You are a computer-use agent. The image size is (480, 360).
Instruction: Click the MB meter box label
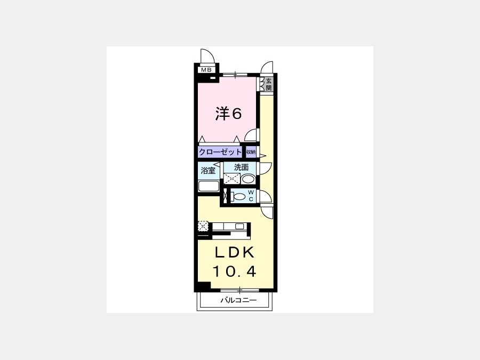coord(206,70)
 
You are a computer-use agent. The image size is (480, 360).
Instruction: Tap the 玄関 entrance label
coord(268,84)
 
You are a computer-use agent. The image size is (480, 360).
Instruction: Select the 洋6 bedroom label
coord(228,114)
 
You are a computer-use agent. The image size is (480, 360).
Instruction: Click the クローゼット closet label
coord(220,151)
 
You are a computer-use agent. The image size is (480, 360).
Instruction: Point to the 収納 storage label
coord(251,152)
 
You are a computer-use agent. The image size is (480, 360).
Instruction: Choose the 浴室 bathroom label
coord(208,171)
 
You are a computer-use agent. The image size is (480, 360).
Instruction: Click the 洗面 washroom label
coord(241,167)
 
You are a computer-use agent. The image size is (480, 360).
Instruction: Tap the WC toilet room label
coord(251,196)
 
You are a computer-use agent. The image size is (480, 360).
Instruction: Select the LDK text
coord(235,253)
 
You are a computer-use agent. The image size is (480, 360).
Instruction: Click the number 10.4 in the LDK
coord(234,271)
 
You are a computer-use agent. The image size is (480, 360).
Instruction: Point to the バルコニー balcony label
coord(238,300)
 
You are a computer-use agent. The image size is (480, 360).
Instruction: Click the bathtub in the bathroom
coord(209,186)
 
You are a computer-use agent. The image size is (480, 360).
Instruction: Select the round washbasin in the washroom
coord(248,179)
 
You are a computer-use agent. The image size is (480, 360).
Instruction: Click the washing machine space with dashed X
coord(232,179)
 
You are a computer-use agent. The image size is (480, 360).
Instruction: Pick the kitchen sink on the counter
coord(239,227)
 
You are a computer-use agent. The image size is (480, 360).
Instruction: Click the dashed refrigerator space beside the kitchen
coord(203,226)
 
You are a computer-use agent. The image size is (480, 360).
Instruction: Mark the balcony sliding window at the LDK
coord(239,290)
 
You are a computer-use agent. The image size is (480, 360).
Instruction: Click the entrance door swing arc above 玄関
coord(267,67)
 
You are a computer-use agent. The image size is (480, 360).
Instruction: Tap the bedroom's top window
coord(235,74)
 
